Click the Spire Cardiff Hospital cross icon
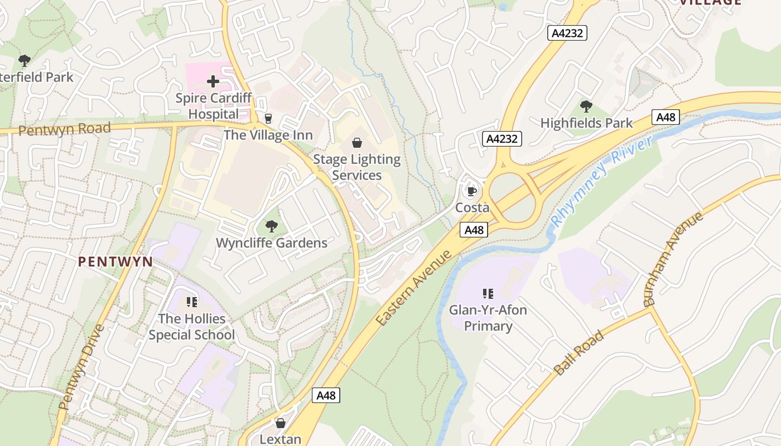pyautogui.click(x=213, y=82)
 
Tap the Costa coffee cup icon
pyautogui.click(x=472, y=192)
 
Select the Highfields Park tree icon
pyautogui.click(x=586, y=106)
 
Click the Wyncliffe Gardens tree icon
pyautogui.click(x=272, y=226)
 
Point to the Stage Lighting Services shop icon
pyautogui.click(x=357, y=143)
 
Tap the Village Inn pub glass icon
pyautogui.click(x=268, y=118)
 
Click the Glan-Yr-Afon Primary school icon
pyautogui.click(x=488, y=293)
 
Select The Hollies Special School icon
pyautogui.click(x=192, y=302)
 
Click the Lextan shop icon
pyautogui.click(x=281, y=423)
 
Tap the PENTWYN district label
pyautogui.click(x=115, y=261)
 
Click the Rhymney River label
pyautogui.click(x=601, y=181)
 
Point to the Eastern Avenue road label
pyautogui.click(x=413, y=288)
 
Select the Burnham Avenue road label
pyautogui.click(x=673, y=259)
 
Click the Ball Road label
pyautogui.click(x=578, y=352)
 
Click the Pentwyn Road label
pyautogui.click(x=64, y=129)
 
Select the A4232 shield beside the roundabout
pyautogui.click(x=502, y=139)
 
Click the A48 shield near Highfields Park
pyautogui.click(x=666, y=117)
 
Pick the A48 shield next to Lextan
pyautogui.click(x=326, y=395)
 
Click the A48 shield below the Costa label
pyautogui.click(x=474, y=230)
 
